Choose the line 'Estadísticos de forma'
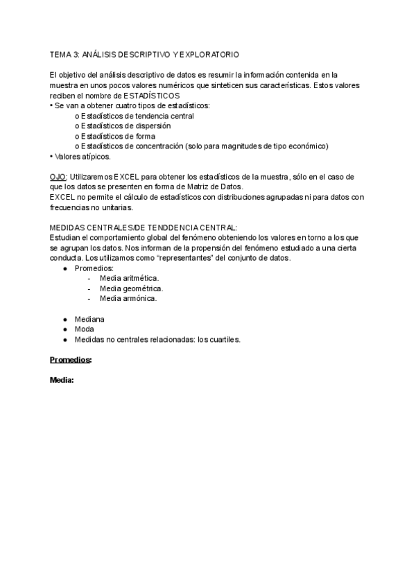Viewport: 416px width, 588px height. click(x=117, y=136)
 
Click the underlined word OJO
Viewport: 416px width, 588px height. click(x=58, y=177)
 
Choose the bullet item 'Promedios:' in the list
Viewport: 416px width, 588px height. click(x=94, y=268)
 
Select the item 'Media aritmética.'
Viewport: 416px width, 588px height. click(x=129, y=278)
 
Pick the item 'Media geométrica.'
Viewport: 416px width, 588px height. click(x=132, y=288)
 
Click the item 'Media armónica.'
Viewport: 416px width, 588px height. click(x=128, y=298)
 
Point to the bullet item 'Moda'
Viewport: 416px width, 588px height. click(x=85, y=329)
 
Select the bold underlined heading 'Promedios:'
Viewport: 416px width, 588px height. click(x=71, y=360)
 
